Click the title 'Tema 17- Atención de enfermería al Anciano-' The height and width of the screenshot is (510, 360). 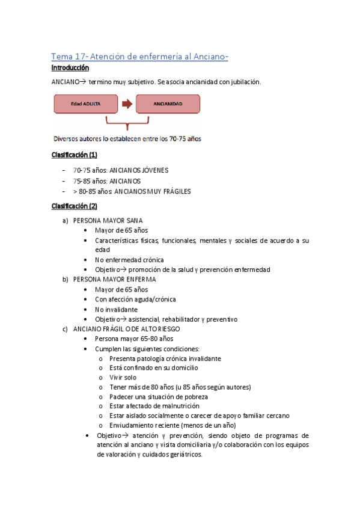[x=139, y=57]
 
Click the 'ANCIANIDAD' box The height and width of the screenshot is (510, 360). [x=168, y=103]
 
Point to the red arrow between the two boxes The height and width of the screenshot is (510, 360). [x=127, y=103]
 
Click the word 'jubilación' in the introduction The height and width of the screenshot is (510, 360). [x=245, y=82]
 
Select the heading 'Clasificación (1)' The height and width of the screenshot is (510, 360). [x=74, y=155]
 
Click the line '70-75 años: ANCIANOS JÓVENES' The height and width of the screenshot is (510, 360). [x=121, y=170]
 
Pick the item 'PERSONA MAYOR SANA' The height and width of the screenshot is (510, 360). [x=108, y=221]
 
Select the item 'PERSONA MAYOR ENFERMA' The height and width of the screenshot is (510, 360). [x=114, y=279]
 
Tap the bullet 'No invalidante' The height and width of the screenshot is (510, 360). [x=116, y=309]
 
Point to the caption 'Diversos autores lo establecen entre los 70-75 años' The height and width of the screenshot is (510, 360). [x=127, y=140]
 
